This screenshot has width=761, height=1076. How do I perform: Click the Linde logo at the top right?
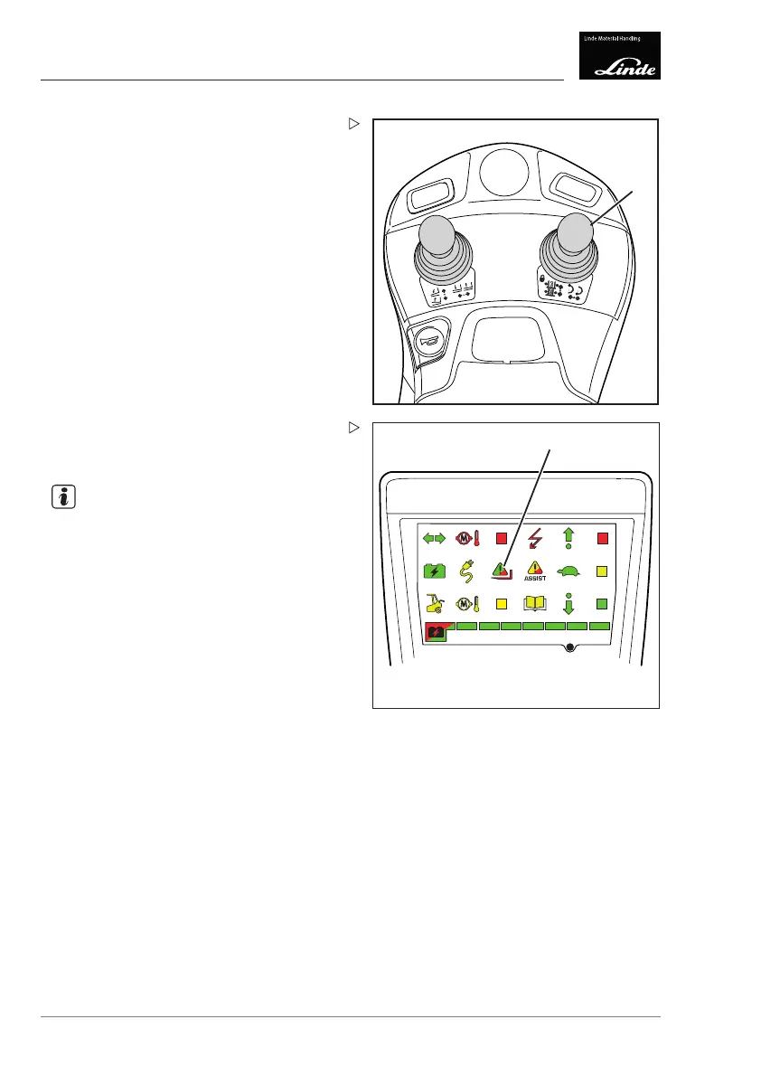619,56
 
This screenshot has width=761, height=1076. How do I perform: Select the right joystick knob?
574,234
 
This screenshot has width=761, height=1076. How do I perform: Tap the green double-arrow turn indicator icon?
436,539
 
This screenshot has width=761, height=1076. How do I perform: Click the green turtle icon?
569,571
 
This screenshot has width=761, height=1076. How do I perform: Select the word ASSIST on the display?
535,579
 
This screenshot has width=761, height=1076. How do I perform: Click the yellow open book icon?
537,603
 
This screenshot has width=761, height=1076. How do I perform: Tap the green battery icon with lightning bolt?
436,571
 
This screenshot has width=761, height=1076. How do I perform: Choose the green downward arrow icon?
569,603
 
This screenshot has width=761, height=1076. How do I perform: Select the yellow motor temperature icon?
468,603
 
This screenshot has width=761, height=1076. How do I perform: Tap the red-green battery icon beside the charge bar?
437,633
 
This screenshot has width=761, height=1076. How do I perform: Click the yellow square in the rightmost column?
603,571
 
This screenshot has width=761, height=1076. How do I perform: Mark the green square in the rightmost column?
603,603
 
